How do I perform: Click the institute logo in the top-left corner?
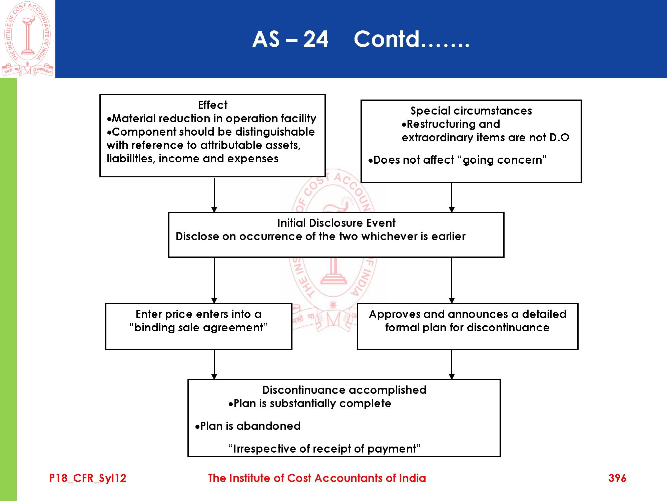[x=28, y=39]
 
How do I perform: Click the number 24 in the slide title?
[x=315, y=39]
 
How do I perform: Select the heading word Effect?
[x=212, y=105]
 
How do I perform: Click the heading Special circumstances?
[x=471, y=111]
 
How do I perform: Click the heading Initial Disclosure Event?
[x=336, y=223]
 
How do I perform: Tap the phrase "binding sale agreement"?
[x=198, y=328]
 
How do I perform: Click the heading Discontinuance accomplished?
[x=344, y=390]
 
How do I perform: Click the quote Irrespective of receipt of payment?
[x=324, y=449]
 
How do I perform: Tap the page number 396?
[x=617, y=478]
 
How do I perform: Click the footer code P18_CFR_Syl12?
[x=88, y=478]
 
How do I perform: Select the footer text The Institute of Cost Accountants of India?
[x=317, y=478]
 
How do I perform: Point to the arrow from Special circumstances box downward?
[x=452, y=197]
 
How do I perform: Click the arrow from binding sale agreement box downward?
[x=214, y=364]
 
